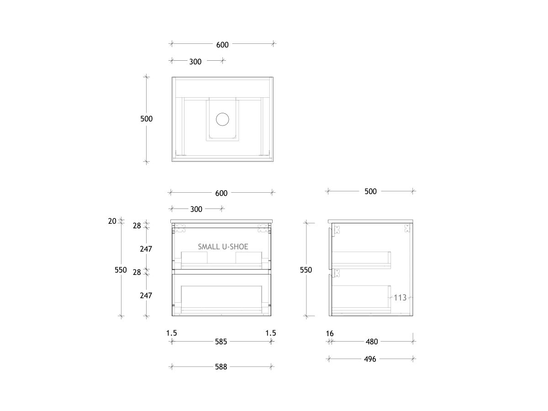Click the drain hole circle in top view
(222, 119)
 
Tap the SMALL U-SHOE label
(223, 247)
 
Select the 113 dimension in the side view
(400, 298)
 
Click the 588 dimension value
(221, 367)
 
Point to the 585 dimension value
(221, 342)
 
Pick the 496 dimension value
(370, 359)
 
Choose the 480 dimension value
(372, 342)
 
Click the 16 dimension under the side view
(330, 334)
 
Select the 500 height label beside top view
(146, 119)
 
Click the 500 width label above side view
(370, 191)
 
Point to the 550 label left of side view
(306, 270)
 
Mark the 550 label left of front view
(121, 270)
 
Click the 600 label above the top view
(222, 45)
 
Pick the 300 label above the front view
(196, 209)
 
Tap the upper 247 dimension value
(146, 249)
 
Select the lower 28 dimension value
(137, 272)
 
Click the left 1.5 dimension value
(171, 333)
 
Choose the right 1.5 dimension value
(271, 333)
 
